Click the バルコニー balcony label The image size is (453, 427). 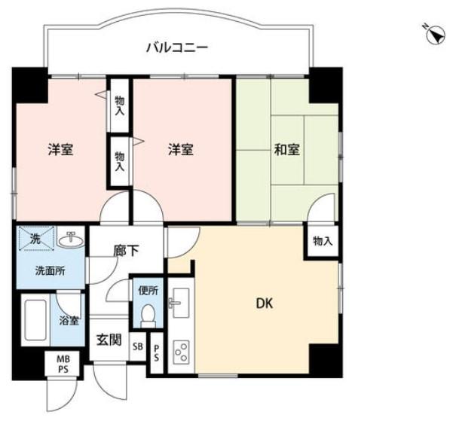(x=177, y=49)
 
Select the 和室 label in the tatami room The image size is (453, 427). (x=287, y=150)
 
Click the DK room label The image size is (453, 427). (x=264, y=304)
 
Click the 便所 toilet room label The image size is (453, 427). (x=146, y=288)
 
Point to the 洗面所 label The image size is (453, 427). (x=35, y=270)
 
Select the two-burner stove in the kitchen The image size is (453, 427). (x=182, y=352)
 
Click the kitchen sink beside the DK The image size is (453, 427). (x=178, y=304)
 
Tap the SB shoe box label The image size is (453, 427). (x=137, y=346)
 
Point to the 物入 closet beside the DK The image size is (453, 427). (x=323, y=241)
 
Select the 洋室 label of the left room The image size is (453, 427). (x=60, y=150)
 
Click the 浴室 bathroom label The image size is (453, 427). (x=69, y=320)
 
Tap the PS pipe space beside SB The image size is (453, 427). (x=157, y=352)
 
